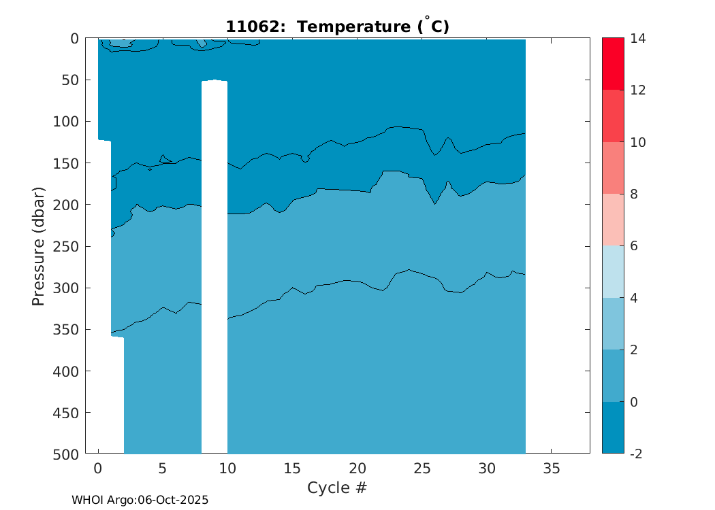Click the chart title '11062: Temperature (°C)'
[337, 27]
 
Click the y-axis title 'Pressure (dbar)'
[39, 245]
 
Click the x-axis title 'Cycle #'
[337, 488]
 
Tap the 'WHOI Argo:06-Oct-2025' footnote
[140, 500]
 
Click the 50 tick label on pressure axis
[70, 80]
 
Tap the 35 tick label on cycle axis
[551, 469]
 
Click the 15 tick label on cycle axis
[292, 469]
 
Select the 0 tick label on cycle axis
[98, 469]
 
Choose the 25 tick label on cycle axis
[422, 469]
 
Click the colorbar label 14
[637, 39]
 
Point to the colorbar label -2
[636, 454]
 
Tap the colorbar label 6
[634, 246]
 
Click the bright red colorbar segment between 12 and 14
[613, 64]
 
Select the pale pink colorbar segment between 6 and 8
[613, 220]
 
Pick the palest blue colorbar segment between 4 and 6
[613, 271]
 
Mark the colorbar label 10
[637, 142]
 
